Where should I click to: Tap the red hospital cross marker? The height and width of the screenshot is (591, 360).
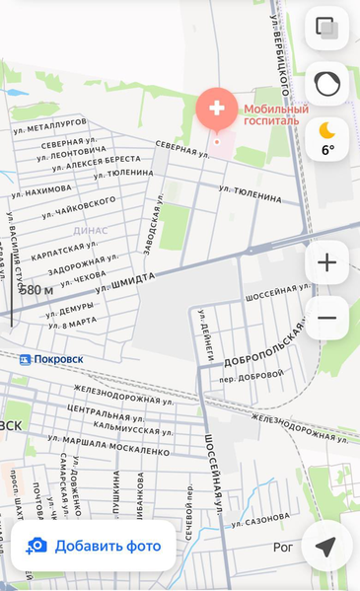tap(217, 109)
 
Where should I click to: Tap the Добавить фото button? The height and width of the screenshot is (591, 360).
tap(94, 546)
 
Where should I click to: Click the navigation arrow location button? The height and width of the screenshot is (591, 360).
tap(326, 546)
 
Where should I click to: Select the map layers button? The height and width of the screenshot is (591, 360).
tap(327, 29)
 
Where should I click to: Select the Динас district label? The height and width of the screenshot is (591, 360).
tap(90, 230)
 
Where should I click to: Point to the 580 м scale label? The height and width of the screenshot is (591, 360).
tap(36, 290)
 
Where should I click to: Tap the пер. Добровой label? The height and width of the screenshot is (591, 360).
tap(252, 376)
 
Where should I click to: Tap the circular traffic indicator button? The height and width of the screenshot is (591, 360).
tap(327, 84)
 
